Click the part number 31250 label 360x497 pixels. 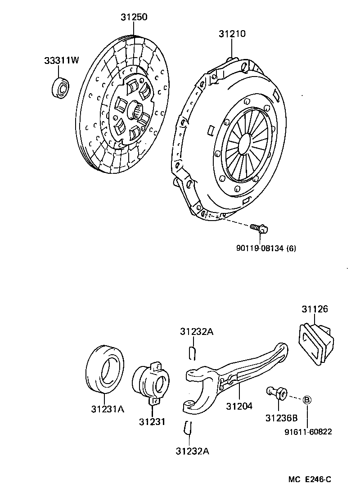click(134, 17)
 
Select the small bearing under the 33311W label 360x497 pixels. click(61, 86)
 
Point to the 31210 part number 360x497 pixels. click(232, 34)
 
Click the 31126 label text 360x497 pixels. click(315, 310)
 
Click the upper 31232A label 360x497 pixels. click(196, 332)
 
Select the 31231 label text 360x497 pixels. click(152, 422)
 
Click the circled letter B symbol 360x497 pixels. click(307, 400)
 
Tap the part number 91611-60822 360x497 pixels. click(308, 432)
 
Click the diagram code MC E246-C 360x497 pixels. click(310, 479)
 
